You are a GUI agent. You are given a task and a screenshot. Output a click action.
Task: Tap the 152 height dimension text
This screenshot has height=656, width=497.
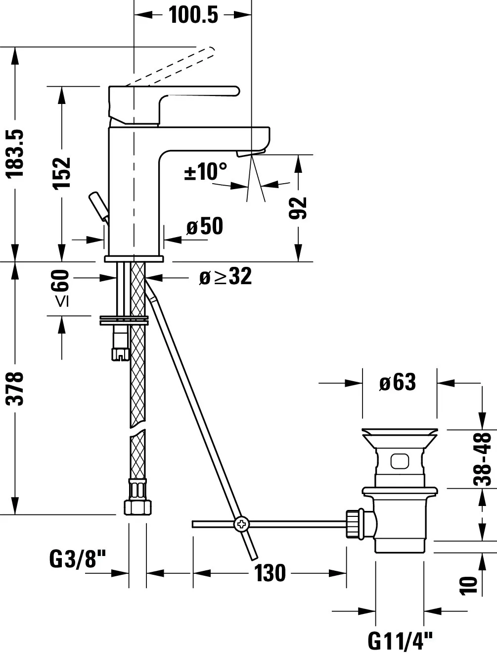click(x=62, y=172)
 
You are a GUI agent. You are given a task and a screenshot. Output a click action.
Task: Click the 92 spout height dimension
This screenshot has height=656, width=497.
click(x=298, y=208)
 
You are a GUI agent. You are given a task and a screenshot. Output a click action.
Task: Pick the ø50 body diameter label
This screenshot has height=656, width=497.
click(x=205, y=227)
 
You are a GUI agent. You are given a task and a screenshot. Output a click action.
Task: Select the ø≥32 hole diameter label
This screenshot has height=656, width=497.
click(x=225, y=277)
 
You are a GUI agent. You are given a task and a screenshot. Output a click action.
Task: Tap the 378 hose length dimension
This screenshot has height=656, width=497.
click(x=16, y=389)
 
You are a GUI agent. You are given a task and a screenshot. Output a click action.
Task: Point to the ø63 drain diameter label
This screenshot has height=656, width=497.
click(x=398, y=382)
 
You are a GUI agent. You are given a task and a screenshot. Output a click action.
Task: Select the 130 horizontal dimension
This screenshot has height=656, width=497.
click(x=270, y=573)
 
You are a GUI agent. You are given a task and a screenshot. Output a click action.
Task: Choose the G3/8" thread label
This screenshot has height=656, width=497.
click(x=78, y=560)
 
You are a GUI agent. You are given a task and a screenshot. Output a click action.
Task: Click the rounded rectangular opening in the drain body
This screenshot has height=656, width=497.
click(x=399, y=461)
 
